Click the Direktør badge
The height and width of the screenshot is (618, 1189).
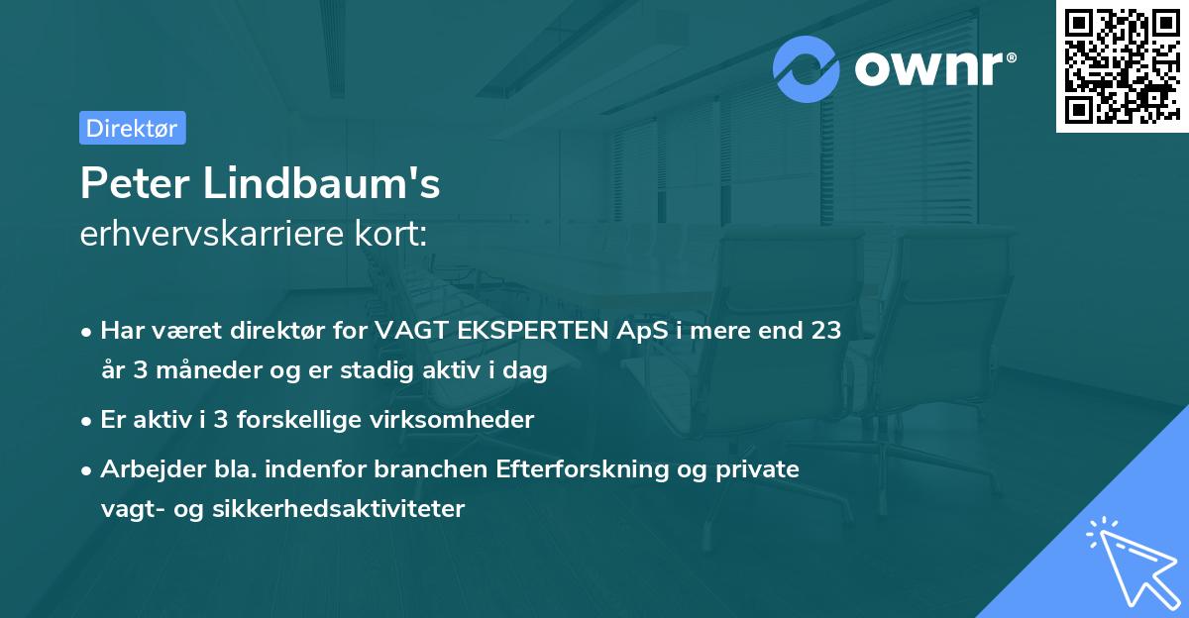[x=132, y=128]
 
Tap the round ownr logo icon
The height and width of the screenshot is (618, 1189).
[x=807, y=67]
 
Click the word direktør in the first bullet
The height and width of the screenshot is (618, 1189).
[x=276, y=331]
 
